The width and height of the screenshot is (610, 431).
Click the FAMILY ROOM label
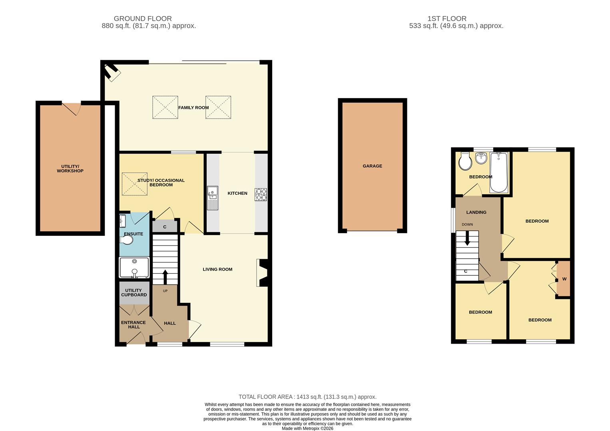coord(193,108)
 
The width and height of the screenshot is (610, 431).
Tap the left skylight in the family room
coord(165,107)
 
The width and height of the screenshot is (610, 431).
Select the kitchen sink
coord(213,198)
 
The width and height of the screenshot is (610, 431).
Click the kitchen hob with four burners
coord(261,194)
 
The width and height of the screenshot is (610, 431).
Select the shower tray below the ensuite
coord(134,267)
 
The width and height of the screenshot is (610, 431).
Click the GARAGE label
coord(372,166)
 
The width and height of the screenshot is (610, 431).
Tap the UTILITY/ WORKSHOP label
coord(70,169)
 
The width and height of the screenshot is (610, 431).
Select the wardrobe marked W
coord(564,279)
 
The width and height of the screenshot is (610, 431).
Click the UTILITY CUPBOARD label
coord(134,293)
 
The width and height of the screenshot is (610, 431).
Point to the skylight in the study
coord(135,184)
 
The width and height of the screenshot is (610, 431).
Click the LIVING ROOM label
coord(217,269)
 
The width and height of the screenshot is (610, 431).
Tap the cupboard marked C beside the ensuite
coord(165,227)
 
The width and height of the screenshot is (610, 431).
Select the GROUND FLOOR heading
coord(143,18)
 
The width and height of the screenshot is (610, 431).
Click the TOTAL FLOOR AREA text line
coord(307,397)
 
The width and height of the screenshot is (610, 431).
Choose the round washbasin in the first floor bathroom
coord(481,158)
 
